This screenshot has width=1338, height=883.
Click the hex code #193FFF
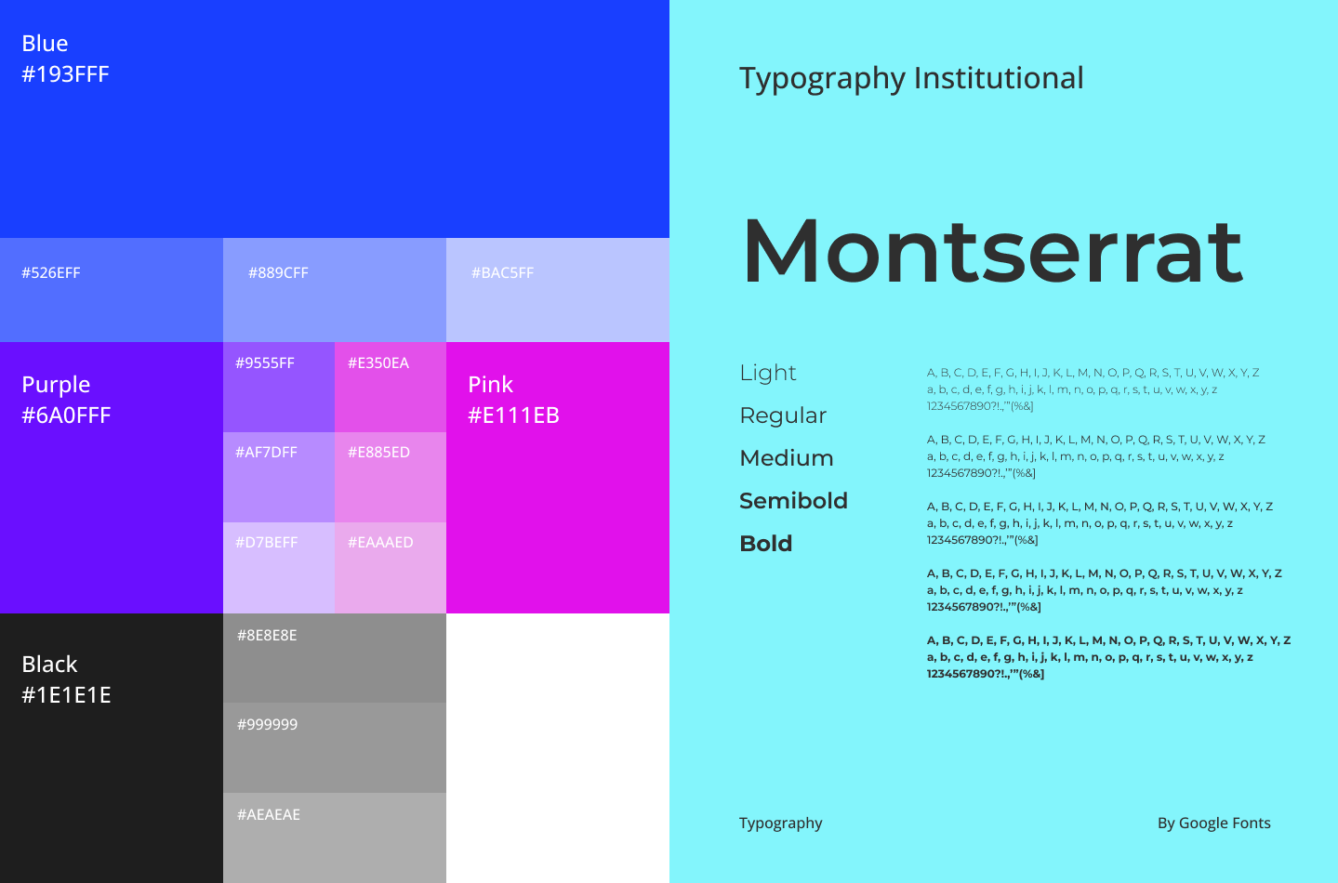click(65, 74)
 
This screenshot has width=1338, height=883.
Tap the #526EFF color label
click(51, 273)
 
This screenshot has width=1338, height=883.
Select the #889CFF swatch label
click(278, 273)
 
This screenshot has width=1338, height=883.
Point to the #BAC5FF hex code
click(502, 273)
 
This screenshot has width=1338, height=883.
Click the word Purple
click(56, 385)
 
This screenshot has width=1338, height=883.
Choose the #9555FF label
click(265, 363)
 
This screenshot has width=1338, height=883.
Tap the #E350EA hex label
click(378, 363)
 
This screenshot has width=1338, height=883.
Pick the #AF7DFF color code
click(266, 452)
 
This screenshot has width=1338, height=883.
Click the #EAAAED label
click(380, 542)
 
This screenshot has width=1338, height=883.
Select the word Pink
click(490, 385)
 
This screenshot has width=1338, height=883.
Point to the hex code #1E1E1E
click(66, 695)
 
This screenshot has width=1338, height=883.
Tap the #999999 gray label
click(267, 724)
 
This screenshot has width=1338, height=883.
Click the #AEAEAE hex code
click(268, 814)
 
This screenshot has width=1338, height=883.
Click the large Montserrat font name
click(992, 251)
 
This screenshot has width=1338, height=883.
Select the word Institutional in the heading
click(999, 78)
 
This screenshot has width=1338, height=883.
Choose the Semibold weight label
click(793, 501)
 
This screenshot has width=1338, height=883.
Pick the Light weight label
click(767, 373)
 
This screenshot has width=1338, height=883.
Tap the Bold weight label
click(766, 544)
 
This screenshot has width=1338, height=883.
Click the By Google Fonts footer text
click(1213, 824)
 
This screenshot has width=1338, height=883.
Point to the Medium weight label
click(786, 458)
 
